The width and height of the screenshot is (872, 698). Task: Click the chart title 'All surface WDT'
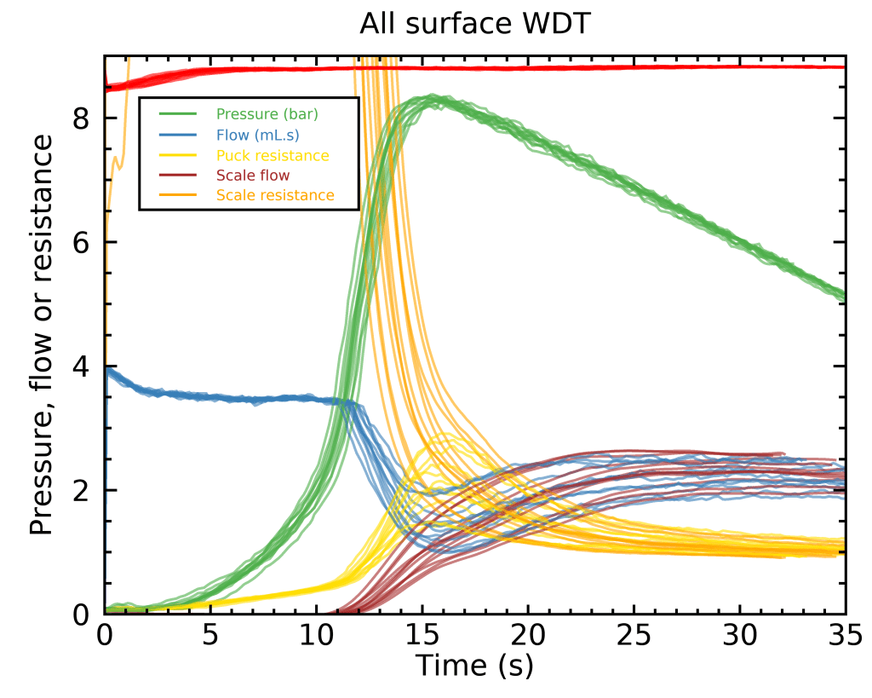pyautogui.click(x=475, y=25)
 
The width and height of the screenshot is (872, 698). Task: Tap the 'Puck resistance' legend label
pyautogui.click(x=272, y=155)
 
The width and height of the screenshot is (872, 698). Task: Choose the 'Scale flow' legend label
pyautogui.click(x=253, y=176)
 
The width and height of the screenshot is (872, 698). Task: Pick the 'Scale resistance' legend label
pyautogui.click(x=275, y=196)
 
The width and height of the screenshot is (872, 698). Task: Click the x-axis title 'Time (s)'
pyautogui.click(x=474, y=665)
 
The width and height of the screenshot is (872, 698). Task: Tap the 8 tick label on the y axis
pyautogui.click(x=83, y=118)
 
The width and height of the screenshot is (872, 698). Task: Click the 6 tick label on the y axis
pyautogui.click(x=83, y=243)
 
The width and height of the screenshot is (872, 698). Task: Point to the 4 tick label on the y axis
pyautogui.click(x=83, y=366)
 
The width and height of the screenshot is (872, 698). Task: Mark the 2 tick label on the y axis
pyautogui.click(x=83, y=491)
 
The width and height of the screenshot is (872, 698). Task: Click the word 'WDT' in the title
pyautogui.click(x=559, y=25)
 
